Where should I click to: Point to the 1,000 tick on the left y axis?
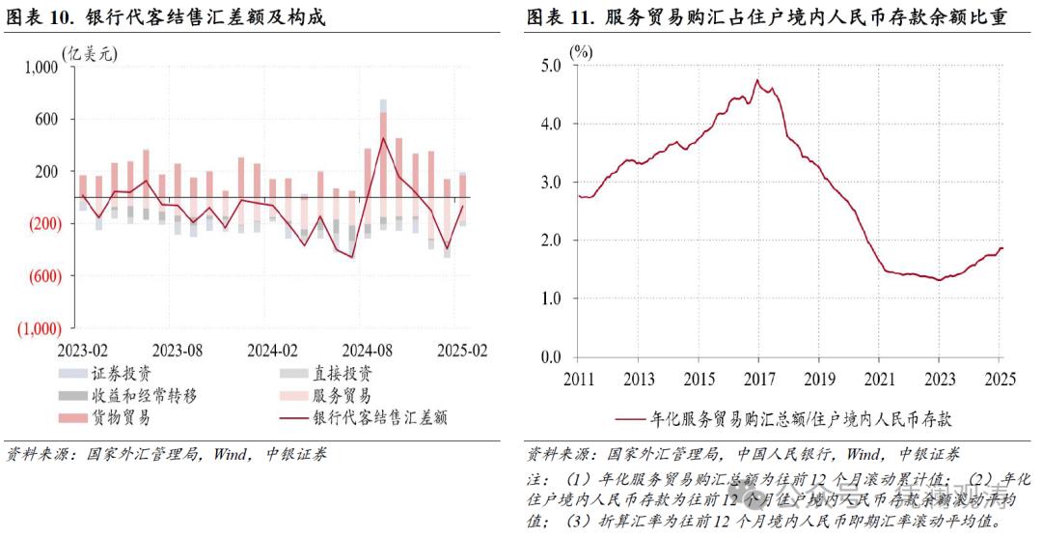(x=39, y=67)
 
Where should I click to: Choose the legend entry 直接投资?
(x=343, y=372)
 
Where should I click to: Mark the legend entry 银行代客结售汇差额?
(x=379, y=418)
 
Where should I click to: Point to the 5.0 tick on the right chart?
(x=551, y=66)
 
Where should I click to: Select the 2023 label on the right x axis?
(x=940, y=378)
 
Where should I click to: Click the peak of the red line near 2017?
(x=756, y=80)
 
